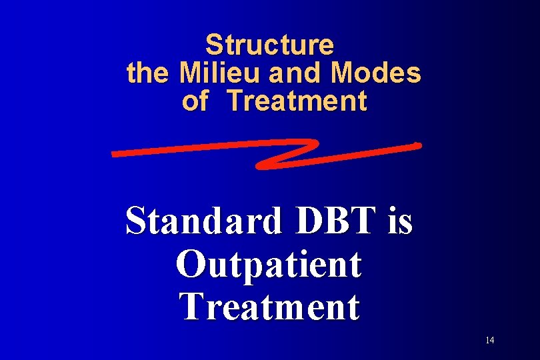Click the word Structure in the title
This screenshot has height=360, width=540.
(269, 45)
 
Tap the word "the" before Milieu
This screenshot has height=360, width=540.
(143, 73)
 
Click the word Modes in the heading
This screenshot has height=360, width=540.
(376, 73)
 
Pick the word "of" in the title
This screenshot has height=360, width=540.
(195, 101)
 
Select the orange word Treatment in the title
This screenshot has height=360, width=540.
(297, 101)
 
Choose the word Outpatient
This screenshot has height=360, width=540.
(269, 264)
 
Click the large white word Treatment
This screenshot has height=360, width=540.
(270, 306)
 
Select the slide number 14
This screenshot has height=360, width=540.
(490, 341)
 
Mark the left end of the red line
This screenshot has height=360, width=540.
(115, 154)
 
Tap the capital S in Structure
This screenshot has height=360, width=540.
(213, 45)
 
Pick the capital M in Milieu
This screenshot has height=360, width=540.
(189, 73)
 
